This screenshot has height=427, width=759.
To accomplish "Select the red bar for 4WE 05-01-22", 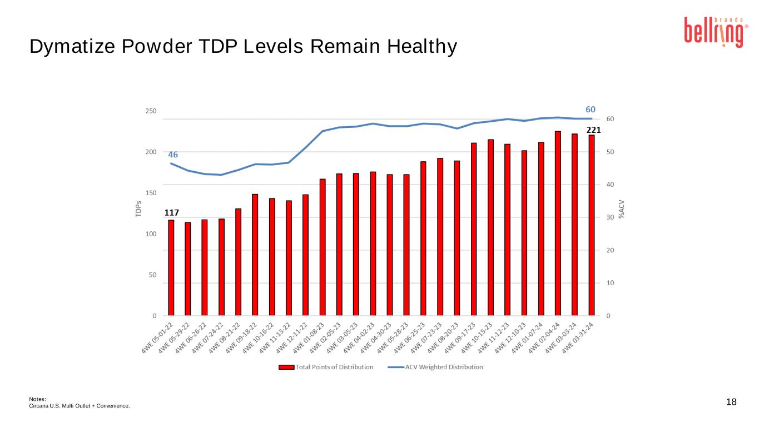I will point(171,267).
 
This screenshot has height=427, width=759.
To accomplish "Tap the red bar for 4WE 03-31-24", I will point(592,225).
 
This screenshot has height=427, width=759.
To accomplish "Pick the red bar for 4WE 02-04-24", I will point(558,223).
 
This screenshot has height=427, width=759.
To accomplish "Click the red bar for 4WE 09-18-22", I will point(255,255).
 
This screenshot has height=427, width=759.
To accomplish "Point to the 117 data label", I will point(171,212).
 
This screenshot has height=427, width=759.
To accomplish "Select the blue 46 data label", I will point(173,155).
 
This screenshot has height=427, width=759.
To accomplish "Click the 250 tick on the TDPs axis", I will point(150,111).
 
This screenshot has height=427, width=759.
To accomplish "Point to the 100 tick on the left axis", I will point(150,234).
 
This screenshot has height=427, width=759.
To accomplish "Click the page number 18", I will point(731,402).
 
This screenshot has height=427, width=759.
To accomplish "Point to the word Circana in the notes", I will point(38,406).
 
